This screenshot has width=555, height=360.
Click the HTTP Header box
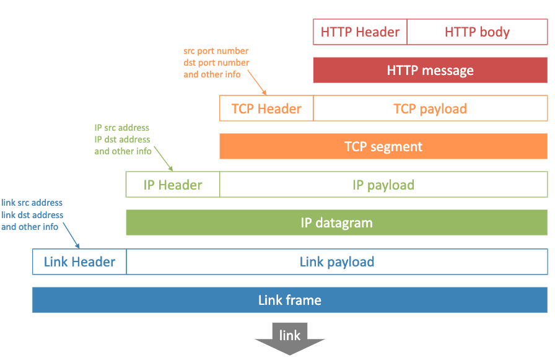(x=360, y=32)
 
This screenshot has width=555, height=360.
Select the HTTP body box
(x=477, y=32)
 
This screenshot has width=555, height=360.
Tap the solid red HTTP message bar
(x=430, y=71)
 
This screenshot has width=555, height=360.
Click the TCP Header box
(x=266, y=108)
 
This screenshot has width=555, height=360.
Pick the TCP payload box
(x=430, y=108)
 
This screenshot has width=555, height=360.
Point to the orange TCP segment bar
(x=383, y=147)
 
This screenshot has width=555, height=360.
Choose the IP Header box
(x=173, y=185)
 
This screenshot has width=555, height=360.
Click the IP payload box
(x=383, y=185)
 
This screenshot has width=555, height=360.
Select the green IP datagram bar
(x=336, y=223)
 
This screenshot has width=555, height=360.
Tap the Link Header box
(x=79, y=261)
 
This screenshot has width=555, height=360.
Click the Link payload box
(x=336, y=261)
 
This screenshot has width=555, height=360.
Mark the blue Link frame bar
(x=289, y=301)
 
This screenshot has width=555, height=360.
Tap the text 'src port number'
(x=216, y=51)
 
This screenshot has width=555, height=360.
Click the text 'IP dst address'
(x=122, y=139)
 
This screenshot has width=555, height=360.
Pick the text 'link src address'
(x=32, y=203)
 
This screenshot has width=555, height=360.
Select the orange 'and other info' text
(x=212, y=74)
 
